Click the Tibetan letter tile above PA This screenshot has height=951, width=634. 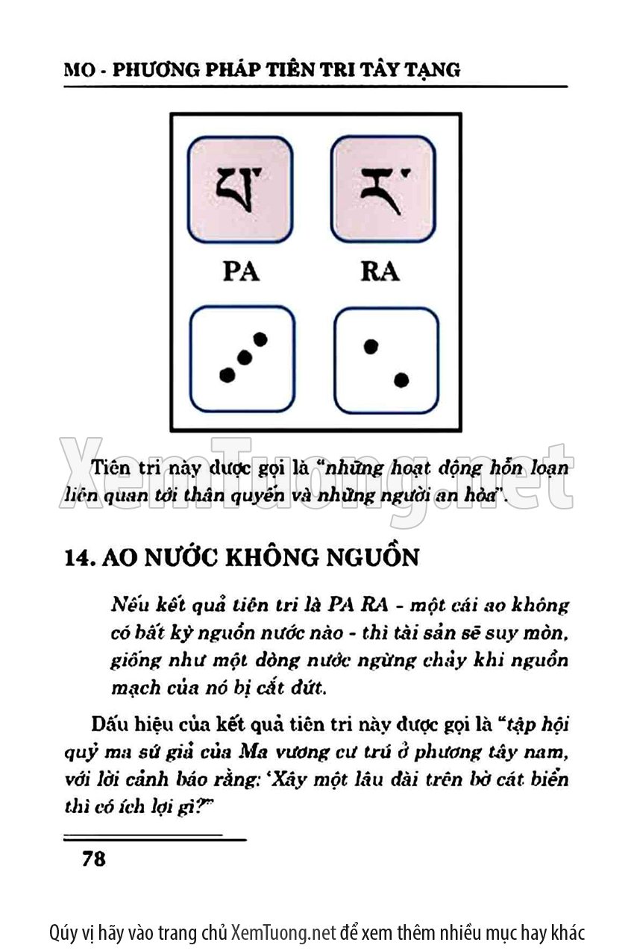coord(240,189)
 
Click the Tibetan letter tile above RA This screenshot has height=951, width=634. coord(383,189)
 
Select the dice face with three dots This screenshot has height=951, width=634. coord(242,359)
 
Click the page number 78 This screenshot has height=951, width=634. coord(93,859)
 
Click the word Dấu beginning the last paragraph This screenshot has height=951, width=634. coord(107,724)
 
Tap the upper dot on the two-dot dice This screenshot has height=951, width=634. coord(369,346)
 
